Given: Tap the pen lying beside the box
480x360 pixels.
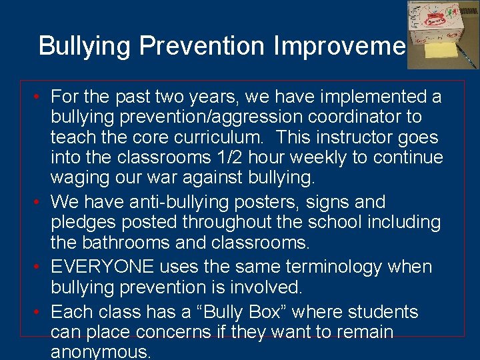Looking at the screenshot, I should [469, 57].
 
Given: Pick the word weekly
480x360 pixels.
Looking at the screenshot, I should [368, 157].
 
